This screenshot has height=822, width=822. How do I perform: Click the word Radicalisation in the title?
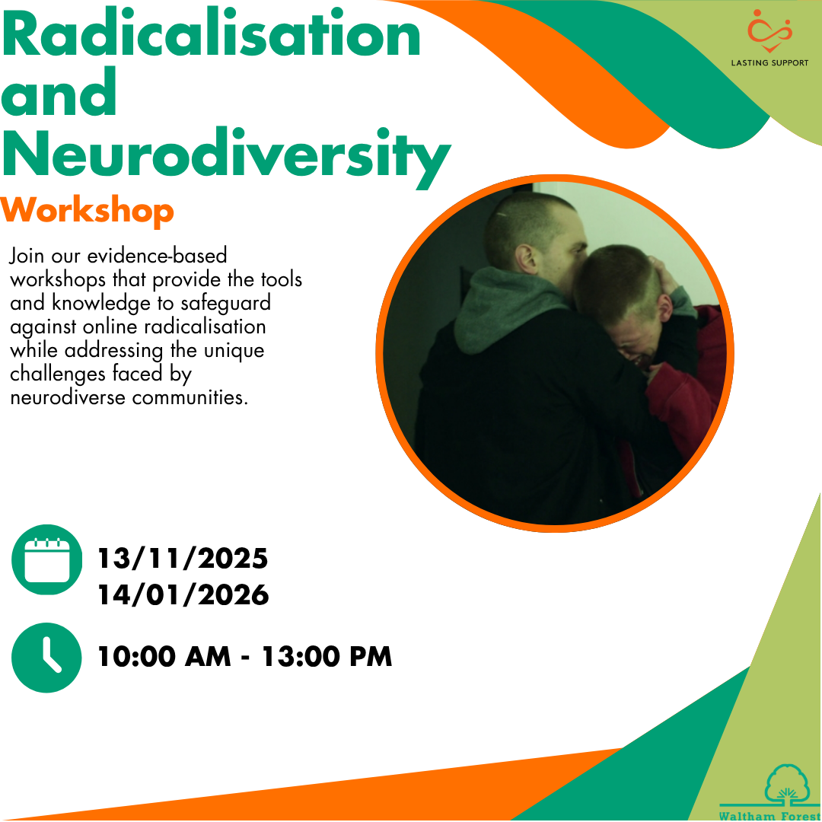212,33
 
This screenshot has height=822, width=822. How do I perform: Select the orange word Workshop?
87,212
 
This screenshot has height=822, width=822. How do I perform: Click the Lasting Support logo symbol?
769,31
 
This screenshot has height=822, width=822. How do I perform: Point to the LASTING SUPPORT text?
769,63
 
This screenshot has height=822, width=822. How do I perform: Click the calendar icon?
47,560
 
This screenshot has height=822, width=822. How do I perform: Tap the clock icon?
46,658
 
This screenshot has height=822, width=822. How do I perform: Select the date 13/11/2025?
183,559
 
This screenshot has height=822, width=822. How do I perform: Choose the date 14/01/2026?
183,595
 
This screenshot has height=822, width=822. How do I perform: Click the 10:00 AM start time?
164,656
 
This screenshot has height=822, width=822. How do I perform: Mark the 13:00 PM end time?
327,656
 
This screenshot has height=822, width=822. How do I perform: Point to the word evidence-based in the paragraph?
157,256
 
